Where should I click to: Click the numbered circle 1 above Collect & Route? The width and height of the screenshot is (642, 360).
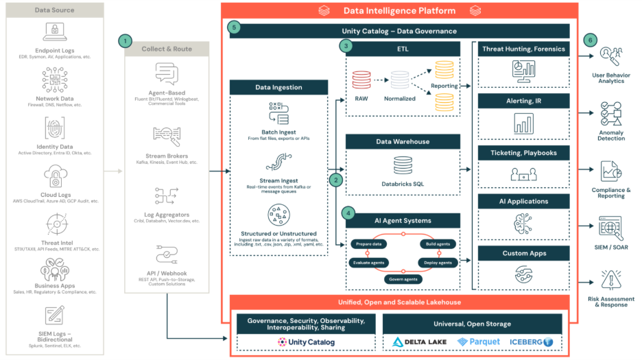(124, 41)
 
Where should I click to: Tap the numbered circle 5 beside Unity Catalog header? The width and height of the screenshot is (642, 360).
(235, 27)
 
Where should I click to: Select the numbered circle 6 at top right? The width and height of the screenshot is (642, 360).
(591, 40)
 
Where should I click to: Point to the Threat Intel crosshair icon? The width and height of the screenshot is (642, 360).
(56, 224)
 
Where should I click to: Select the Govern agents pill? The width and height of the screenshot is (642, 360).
(403, 279)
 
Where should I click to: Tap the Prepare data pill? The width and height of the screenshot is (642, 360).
(369, 244)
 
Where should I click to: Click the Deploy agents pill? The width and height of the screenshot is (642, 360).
(436, 263)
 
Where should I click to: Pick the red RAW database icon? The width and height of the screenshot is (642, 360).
(361, 81)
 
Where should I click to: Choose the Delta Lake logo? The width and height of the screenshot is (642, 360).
(419, 341)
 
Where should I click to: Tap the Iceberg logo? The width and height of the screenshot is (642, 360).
(532, 341)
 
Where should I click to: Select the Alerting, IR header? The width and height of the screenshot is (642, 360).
(524, 101)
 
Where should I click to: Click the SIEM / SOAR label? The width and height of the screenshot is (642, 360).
(610, 247)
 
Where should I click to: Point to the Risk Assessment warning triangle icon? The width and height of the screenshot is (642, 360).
(610, 280)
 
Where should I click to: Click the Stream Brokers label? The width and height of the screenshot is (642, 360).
(167, 156)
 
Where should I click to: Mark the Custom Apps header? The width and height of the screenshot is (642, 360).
(524, 253)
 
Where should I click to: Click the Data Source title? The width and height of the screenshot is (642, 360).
(56, 10)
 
